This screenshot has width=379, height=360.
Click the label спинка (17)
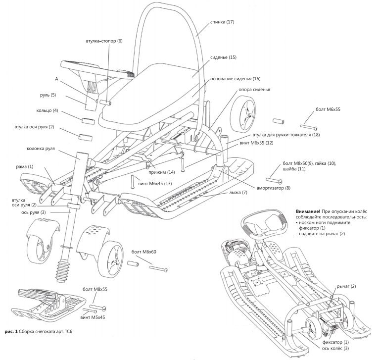(x=222, y=22)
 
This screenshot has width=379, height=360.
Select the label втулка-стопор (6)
(x=104, y=41)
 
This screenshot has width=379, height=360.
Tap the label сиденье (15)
(x=223, y=57)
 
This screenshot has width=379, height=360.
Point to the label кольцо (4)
(x=47, y=110)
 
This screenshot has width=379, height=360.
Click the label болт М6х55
(x=328, y=109)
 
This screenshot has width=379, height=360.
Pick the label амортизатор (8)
(x=274, y=188)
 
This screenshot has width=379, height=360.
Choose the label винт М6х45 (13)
(x=155, y=184)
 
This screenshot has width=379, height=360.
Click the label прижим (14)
(x=162, y=172)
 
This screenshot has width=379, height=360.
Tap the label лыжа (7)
(x=238, y=193)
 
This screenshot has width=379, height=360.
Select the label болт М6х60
(x=144, y=252)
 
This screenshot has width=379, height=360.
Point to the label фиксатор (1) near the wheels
(x=336, y=342)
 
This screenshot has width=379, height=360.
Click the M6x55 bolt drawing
(x=309, y=127)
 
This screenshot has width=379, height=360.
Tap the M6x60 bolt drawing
(x=158, y=268)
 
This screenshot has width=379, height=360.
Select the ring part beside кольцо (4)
(x=88, y=121)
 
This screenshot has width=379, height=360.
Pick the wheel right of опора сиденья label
(x=242, y=113)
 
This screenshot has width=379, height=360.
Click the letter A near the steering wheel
(x=56, y=79)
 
